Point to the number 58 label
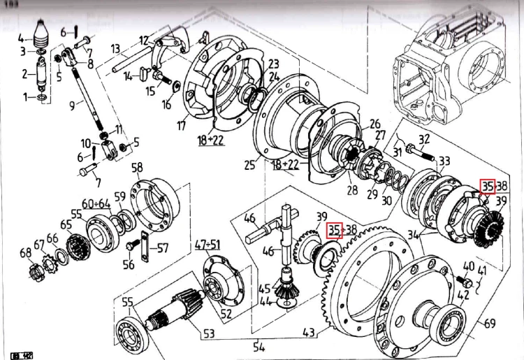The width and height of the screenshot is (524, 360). (138, 167)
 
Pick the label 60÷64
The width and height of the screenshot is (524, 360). (96, 203)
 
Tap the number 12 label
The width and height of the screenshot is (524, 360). (143, 40)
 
